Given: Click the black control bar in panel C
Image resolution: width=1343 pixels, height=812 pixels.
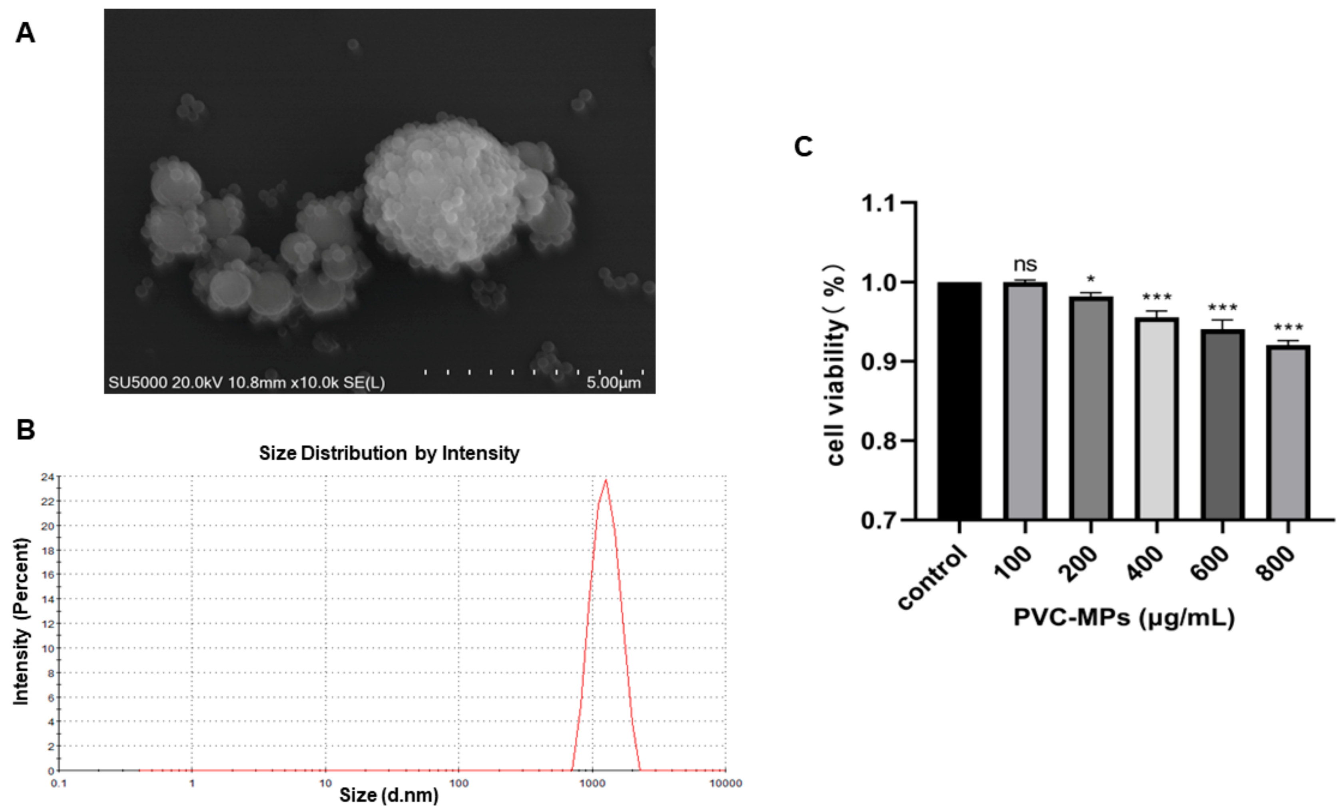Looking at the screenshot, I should pos(959,401).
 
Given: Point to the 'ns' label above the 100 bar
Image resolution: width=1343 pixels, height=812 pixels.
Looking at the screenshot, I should pos(1025,265).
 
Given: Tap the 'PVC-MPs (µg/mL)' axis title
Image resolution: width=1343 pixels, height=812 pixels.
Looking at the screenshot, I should pos(1124,618).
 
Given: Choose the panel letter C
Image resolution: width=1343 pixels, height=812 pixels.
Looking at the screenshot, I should pos(803,147).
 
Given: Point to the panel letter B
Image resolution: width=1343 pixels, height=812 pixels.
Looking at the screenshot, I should pos(26,430).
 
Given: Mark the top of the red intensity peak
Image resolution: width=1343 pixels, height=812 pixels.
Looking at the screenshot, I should pos(606,481).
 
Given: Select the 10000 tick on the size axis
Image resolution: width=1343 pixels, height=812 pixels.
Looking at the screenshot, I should pos(725,784).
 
